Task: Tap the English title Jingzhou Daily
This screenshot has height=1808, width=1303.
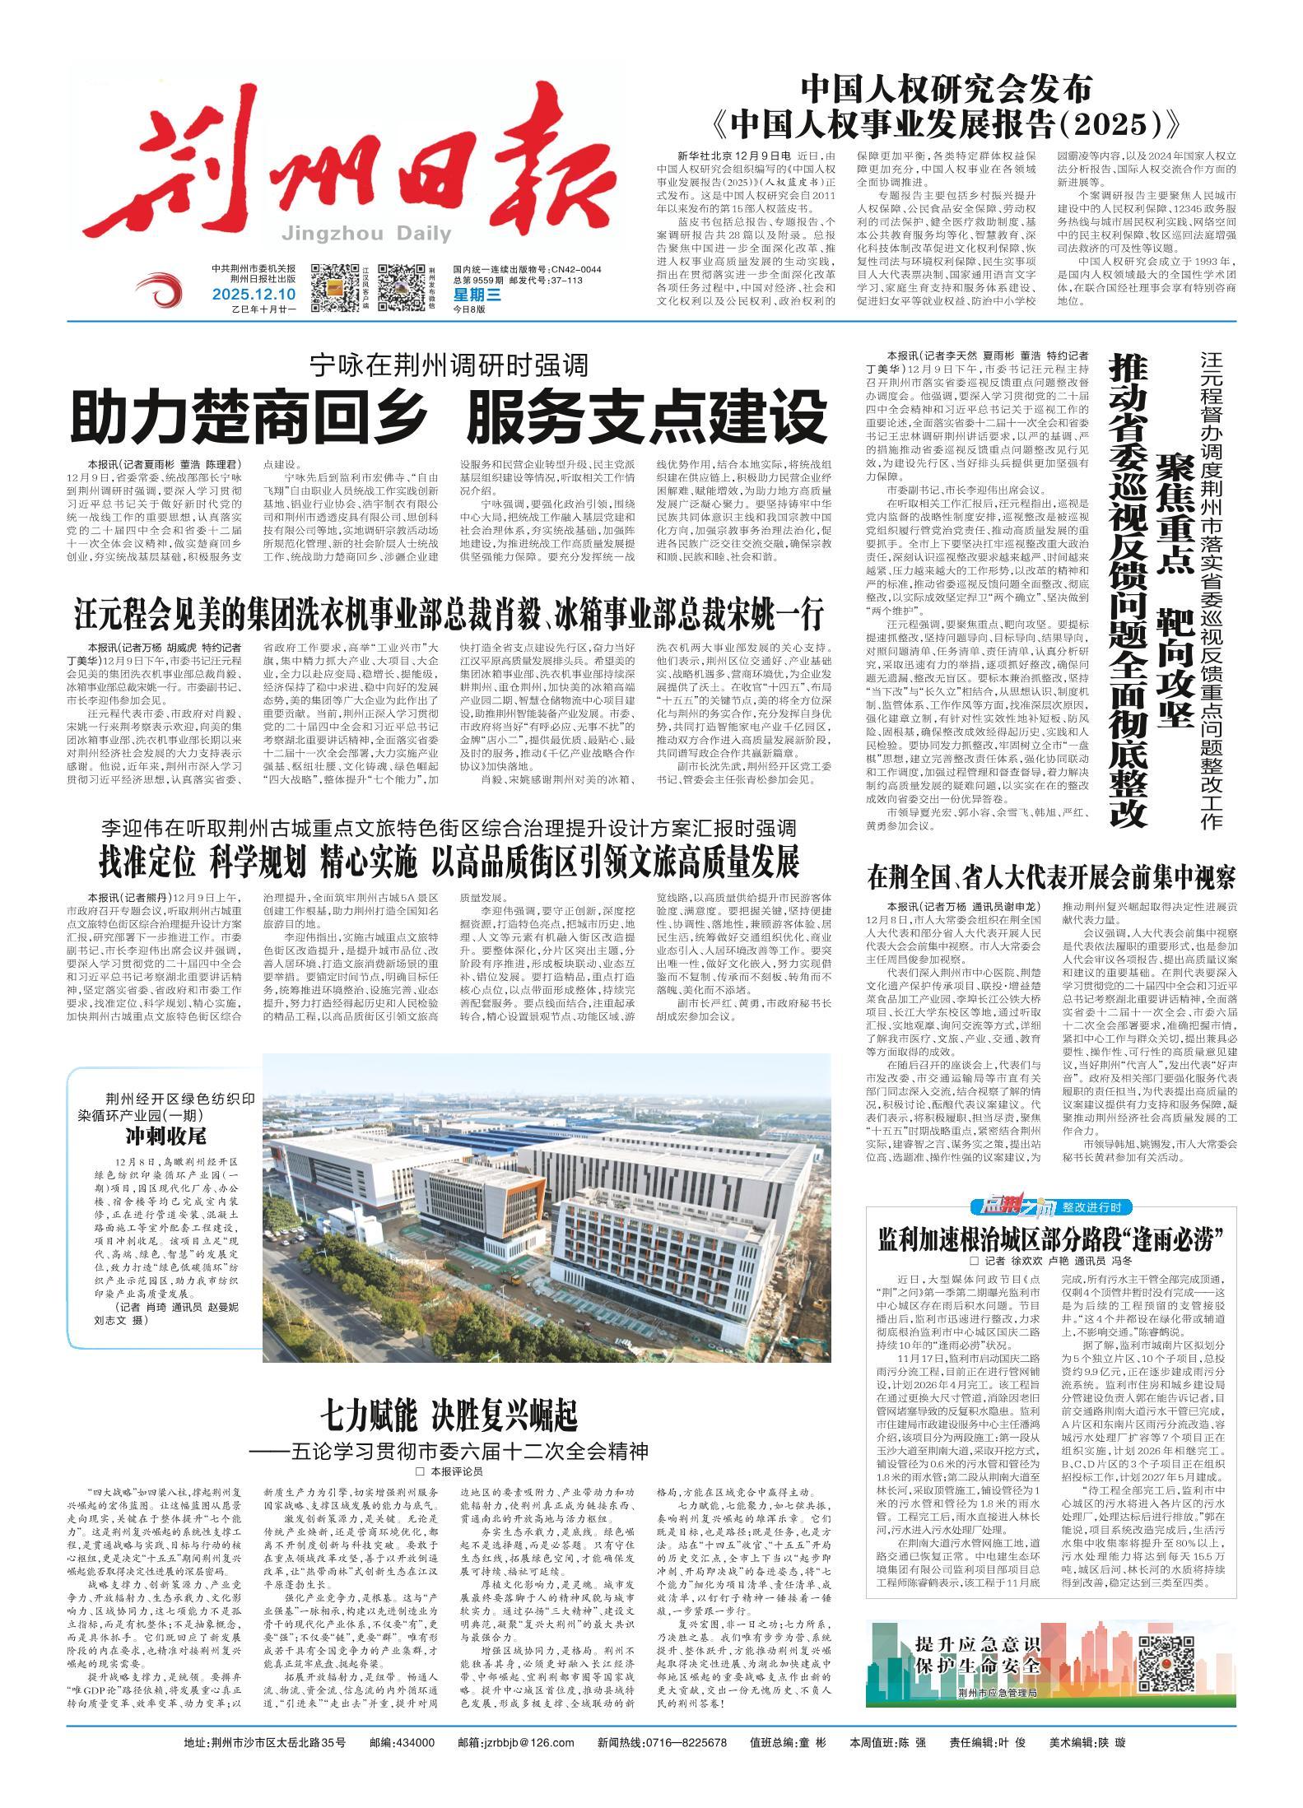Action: coord(366,234)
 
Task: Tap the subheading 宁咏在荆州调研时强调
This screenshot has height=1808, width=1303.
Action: coord(449,365)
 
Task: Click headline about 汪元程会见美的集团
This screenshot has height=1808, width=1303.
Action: coord(449,615)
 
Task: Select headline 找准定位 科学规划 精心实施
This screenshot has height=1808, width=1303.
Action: coord(449,862)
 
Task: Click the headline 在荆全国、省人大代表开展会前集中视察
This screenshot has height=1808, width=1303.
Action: coord(1051,878)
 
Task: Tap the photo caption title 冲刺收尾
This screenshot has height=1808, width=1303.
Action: coord(165,1137)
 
